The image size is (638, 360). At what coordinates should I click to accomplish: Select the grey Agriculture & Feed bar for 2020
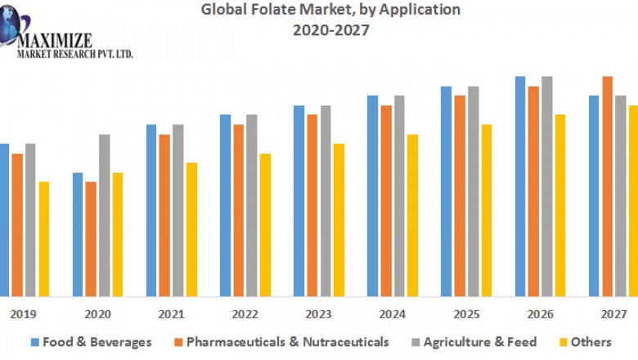(104, 214)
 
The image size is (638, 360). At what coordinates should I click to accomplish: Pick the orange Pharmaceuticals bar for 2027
(608, 186)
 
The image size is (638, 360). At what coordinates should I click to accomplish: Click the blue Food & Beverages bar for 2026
(520, 186)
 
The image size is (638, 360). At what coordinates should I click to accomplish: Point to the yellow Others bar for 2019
(43, 238)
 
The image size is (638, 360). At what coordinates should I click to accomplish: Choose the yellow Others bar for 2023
(339, 219)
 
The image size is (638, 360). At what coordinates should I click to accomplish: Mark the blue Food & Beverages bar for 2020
(78, 234)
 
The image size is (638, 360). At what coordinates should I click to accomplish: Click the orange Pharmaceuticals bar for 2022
(238, 209)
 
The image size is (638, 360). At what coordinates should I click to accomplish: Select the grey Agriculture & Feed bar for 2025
(473, 191)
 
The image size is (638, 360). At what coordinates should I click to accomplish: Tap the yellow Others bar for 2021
(191, 229)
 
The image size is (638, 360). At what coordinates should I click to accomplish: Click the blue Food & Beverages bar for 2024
(373, 196)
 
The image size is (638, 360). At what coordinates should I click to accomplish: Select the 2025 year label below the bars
(466, 313)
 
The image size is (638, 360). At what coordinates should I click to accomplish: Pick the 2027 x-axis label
(613, 313)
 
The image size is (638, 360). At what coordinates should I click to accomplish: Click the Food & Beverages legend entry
(92, 341)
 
